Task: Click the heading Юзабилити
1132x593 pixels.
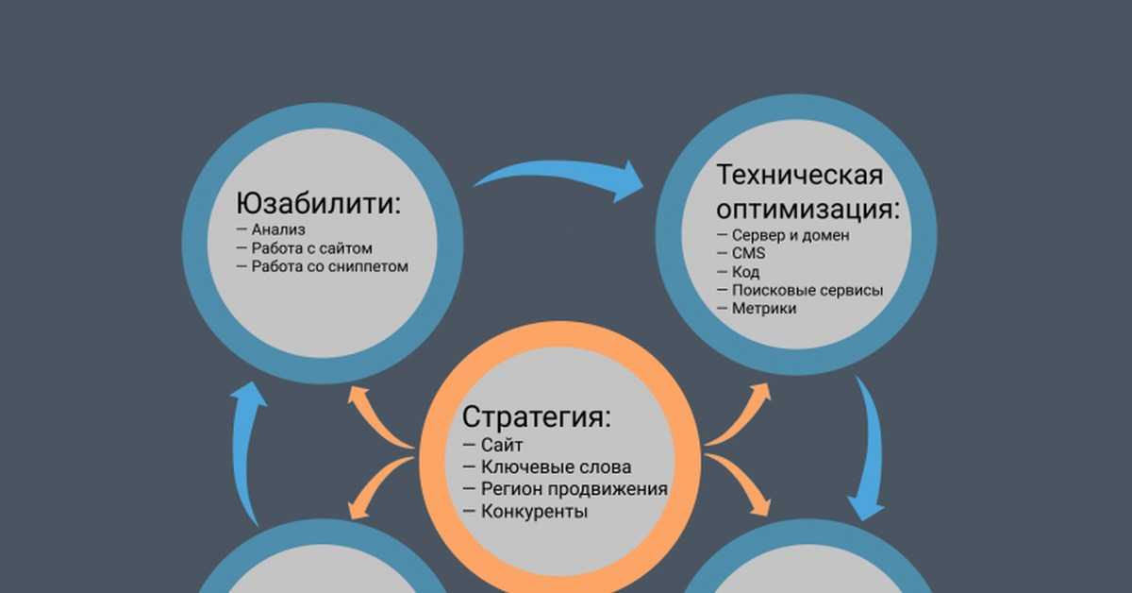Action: tap(319, 203)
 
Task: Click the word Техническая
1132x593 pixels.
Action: tap(800, 175)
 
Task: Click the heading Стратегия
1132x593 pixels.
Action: tap(537, 417)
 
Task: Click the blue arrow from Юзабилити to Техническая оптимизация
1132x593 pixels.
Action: tap(561, 171)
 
